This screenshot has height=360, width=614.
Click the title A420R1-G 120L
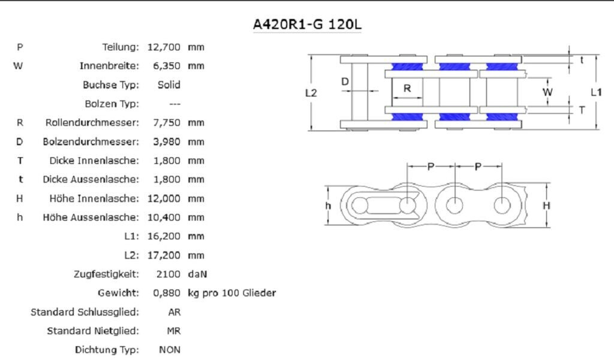(307, 25)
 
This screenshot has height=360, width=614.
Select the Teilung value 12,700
(164, 47)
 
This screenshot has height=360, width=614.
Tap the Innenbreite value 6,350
(164, 66)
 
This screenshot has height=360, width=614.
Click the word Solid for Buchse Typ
(168, 85)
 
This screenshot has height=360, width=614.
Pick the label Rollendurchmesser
(92, 123)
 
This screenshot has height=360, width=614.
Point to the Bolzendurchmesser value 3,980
(164, 142)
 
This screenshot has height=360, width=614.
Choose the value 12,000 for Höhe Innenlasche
(164, 199)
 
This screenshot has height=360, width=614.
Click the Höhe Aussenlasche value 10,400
(164, 218)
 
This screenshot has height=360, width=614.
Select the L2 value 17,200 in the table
(164, 256)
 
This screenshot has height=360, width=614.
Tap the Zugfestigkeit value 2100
(168, 275)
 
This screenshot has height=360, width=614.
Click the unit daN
(197, 275)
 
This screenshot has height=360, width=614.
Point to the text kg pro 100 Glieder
(231, 293)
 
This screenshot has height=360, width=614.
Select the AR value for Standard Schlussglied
(174, 313)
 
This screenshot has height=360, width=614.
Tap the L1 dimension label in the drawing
(595, 92)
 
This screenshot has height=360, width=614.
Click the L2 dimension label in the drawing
(311, 92)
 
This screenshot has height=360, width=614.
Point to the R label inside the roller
(407, 88)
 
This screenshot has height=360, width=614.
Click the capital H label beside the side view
(546, 205)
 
